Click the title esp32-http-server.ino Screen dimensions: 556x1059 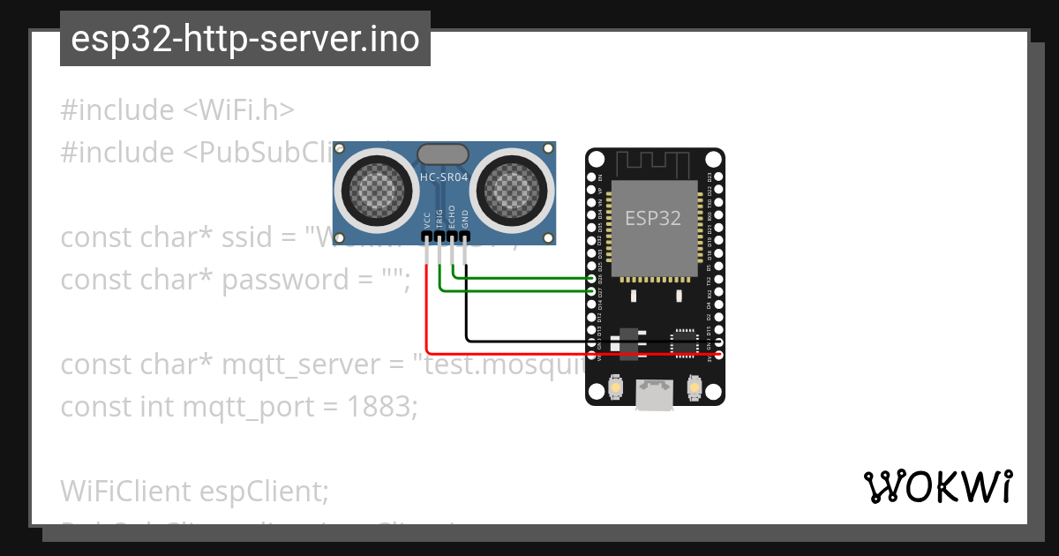(x=244, y=40)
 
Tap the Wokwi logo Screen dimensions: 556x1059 (x=938, y=486)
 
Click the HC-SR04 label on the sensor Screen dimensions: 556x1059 (x=444, y=177)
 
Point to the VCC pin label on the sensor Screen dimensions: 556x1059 (x=427, y=220)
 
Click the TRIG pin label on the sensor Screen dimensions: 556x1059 (x=439, y=220)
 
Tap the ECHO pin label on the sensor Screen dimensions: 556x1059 (x=453, y=220)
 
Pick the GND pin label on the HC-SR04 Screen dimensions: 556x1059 (x=465, y=220)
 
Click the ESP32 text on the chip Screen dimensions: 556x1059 (x=653, y=218)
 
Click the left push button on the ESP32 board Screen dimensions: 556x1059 (x=616, y=387)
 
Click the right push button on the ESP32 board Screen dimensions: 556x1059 (x=694, y=387)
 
